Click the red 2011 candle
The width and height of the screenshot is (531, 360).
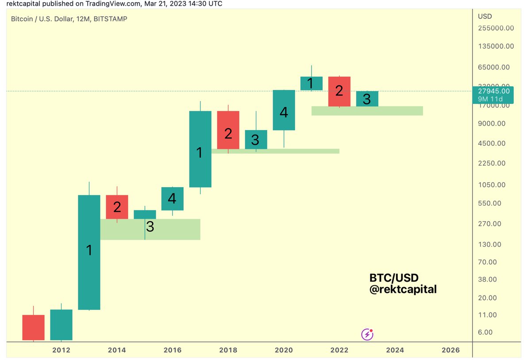point(34,327)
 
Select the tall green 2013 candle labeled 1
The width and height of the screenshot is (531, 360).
point(89,252)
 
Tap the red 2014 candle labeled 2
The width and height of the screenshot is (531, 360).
point(117,207)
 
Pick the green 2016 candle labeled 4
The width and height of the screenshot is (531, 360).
point(172,199)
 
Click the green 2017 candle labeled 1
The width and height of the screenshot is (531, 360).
point(200,149)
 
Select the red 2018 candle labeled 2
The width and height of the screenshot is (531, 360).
point(228,130)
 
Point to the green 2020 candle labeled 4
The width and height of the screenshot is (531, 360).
point(284,110)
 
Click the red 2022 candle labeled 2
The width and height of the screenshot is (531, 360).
point(339,92)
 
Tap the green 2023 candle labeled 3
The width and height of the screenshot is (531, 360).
point(367,99)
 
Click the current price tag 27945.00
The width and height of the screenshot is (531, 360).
point(497,91)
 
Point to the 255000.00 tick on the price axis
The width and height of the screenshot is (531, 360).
point(496,28)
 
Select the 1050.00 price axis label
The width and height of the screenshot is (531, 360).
point(492,185)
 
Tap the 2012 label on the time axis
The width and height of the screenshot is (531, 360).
point(61,350)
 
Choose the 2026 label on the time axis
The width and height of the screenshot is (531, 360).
point(450,350)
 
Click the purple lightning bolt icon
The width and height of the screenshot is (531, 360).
point(367,334)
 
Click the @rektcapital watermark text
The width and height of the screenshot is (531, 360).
point(403,290)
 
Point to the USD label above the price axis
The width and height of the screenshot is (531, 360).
point(485,16)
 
